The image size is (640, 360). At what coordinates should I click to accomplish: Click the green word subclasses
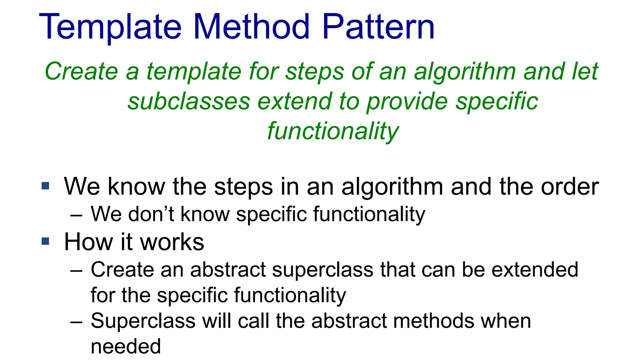pos(189,102)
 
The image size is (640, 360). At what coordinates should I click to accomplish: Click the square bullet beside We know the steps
pos(46,186)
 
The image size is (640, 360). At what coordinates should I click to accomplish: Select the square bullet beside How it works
pos(46,241)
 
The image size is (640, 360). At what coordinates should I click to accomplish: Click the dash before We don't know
pos(76,215)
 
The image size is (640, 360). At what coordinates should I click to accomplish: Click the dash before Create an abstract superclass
pos(76,270)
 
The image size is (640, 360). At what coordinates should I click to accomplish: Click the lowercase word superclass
pos(322,270)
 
